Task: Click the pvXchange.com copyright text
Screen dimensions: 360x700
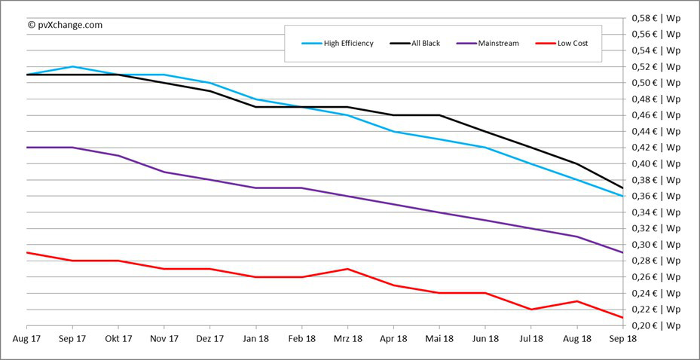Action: (65, 25)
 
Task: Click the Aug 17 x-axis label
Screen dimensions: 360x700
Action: (26, 340)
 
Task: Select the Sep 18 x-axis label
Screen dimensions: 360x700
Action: (622, 340)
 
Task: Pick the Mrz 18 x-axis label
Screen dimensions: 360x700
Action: (347, 340)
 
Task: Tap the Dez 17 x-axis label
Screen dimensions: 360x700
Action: (210, 340)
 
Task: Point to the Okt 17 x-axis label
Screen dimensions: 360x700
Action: (118, 340)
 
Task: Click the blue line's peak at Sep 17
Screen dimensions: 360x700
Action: (72, 66)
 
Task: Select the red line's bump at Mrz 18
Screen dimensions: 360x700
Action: (347, 269)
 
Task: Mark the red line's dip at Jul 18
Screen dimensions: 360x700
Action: (531, 309)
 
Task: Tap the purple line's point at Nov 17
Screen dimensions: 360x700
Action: (164, 172)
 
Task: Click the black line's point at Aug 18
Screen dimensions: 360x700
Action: (577, 163)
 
